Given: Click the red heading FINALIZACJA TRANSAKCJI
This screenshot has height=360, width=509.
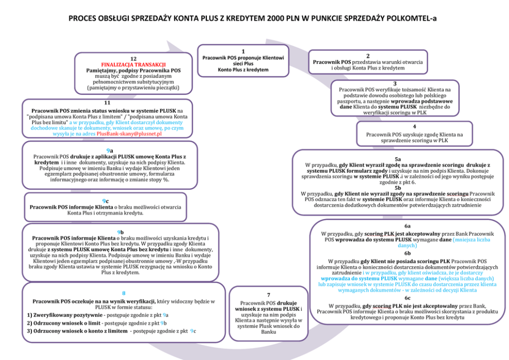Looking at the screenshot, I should (133, 65).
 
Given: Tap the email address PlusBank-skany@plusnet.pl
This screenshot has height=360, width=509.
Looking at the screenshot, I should (129, 134).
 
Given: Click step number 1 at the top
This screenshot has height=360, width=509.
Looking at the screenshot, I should (243, 51).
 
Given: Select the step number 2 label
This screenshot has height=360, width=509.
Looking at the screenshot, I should (368, 56).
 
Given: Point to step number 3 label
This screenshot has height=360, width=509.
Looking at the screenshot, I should (395, 84).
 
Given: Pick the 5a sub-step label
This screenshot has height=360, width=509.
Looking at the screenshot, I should (398, 159).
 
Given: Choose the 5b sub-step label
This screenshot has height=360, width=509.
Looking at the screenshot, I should (398, 188).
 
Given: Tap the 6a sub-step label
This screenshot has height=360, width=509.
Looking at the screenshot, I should (407, 226).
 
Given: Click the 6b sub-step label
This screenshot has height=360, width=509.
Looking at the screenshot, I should (407, 253).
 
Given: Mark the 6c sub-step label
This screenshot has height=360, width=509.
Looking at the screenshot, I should (407, 298).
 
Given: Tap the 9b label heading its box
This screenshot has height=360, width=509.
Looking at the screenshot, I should (121, 232).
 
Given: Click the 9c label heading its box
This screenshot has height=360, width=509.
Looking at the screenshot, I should (105, 201).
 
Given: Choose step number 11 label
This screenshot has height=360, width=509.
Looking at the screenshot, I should (107, 103).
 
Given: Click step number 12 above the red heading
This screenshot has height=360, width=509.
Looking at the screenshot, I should (133, 58).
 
